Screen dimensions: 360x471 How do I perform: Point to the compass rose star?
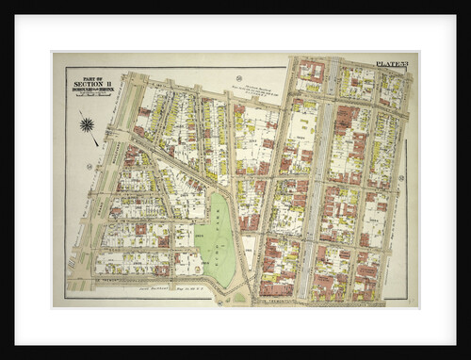pos(87,124)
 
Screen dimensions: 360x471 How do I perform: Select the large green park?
pos(216,241)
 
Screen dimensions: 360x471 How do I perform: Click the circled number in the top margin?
pos(239,77)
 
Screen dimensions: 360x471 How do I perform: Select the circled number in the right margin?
pos(401,177)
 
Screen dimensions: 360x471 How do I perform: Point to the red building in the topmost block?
pos(310,72)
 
